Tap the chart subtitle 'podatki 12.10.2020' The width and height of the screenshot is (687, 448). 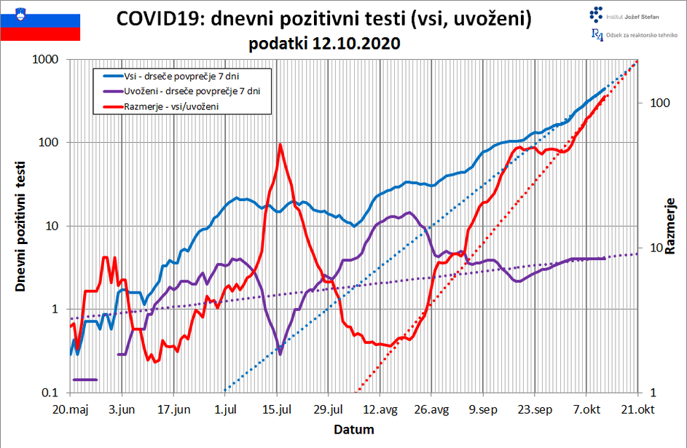point(324,44)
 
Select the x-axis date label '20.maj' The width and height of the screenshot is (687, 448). point(71,409)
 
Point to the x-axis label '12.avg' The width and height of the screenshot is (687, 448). point(380,409)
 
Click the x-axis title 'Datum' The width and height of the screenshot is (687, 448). point(354,429)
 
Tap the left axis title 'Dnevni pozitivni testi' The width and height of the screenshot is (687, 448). point(21,226)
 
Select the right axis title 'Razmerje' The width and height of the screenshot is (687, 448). point(670,226)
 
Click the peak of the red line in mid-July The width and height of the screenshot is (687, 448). point(280,144)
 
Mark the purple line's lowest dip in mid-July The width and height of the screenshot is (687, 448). point(280,354)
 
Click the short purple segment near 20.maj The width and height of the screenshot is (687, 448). point(85,380)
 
